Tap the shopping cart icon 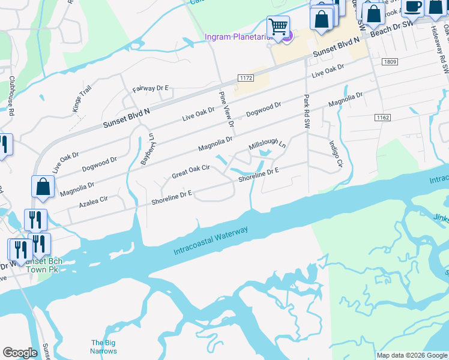[278, 26]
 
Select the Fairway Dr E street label [151, 88]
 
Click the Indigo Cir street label [336, 154]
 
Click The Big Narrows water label [103, 346]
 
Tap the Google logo [20, 353]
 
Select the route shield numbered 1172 [245, 78]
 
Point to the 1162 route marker [383, 118]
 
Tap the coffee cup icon [412, 6]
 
